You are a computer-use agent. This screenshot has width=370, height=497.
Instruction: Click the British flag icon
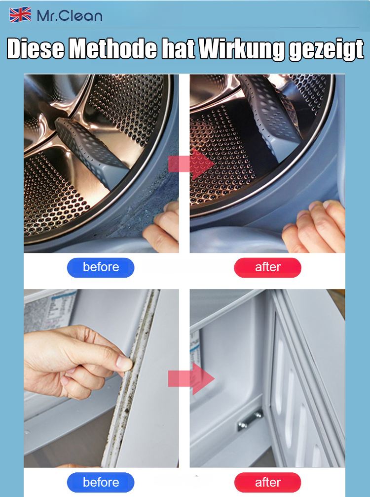point(20,15)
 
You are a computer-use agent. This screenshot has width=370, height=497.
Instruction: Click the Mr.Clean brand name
point(70,16)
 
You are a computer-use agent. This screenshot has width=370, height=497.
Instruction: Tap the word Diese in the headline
point(36,49)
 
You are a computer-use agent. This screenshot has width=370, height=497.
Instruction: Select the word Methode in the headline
point(113,49)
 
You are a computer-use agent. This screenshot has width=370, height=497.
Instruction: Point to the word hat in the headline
point(178,49)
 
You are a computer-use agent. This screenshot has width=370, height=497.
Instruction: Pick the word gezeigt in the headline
point(326,49)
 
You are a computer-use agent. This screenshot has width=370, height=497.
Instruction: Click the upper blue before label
point(101,267)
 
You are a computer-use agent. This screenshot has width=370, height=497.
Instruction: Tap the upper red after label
point(267,267)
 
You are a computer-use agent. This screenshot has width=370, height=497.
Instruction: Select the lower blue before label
point(101,482)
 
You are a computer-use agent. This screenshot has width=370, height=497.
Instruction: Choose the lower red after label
point(267,482)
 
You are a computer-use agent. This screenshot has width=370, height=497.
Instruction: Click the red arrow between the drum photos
point(191,164)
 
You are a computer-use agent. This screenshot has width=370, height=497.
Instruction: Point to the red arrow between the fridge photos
point(191,379)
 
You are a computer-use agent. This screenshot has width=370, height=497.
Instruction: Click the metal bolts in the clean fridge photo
point(250,420)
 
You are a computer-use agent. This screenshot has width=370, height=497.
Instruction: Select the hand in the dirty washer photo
point(162,228)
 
